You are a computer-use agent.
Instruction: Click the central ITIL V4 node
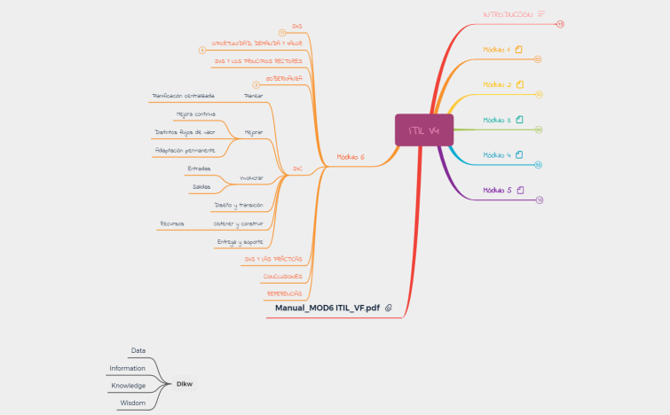coord(424,130)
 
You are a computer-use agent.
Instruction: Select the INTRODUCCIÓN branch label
coord(508,15)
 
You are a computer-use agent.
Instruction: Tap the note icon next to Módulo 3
coord(519,119)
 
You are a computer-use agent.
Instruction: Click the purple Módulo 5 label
coord(497,190)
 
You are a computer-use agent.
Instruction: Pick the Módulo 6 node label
coord(350,157)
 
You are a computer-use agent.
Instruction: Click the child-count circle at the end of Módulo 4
coord(539,165)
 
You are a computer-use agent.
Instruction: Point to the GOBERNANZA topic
coord(283,78)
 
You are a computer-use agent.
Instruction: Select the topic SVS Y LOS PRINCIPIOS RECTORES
coord(258,61)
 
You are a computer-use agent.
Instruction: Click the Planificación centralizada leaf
coord(184,95)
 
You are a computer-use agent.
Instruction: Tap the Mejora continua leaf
coord(195,114)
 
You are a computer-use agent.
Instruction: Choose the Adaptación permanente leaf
coord(185,150)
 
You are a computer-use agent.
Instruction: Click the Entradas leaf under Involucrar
coord(199,168)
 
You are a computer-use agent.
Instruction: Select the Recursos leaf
coord(171,223)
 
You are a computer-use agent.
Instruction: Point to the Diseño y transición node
coord(239,205)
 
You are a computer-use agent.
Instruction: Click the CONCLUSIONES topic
coord(282,276)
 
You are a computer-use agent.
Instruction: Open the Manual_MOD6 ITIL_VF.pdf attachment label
coord(327,308)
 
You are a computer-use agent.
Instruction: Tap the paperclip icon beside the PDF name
coord(389,308)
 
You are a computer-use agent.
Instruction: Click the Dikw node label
coord(185,384)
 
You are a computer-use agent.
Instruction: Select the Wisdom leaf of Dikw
coord(133,403)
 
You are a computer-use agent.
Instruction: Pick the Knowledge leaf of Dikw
coord(129,386)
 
